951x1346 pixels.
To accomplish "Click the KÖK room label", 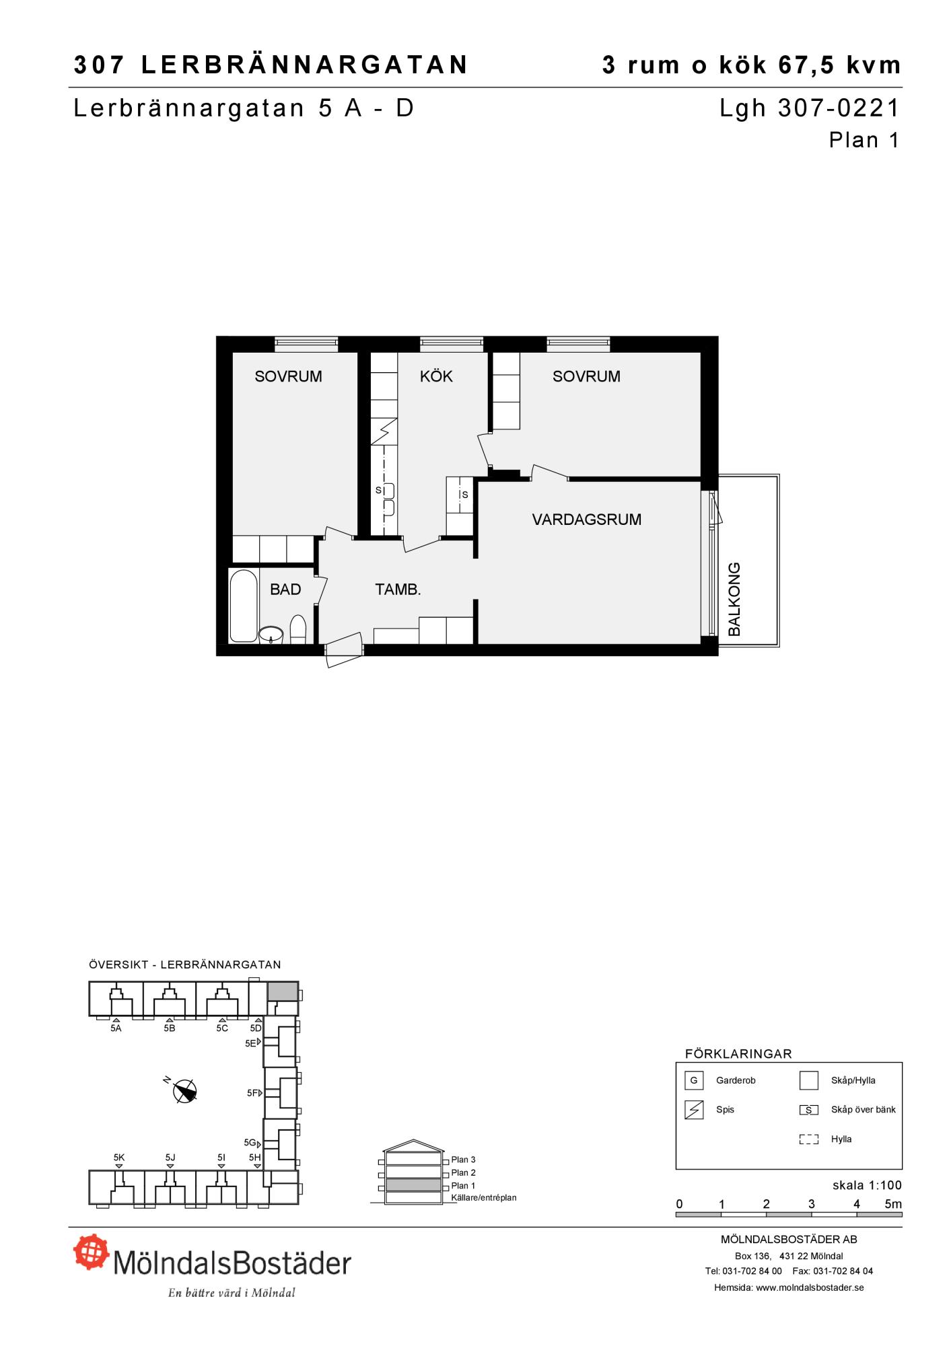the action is (436, 376).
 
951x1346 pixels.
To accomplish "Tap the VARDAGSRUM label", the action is (586, 520).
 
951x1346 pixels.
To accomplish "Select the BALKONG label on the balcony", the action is (734, 600).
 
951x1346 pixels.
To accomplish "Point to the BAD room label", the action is (285, 590).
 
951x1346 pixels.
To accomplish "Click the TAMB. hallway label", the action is (398, 590).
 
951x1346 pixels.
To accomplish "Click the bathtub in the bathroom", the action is (243, 606).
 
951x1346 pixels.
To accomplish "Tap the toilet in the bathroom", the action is (298, 629).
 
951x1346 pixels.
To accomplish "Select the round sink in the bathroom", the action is (271, 634).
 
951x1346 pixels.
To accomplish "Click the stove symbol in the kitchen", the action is (384, 431).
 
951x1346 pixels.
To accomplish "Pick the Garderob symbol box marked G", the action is (693, 1081).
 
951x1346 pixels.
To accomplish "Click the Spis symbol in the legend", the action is (693, 1110).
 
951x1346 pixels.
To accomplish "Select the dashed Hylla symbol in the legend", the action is (808, 1139).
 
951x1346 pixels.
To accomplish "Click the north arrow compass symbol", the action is (185, 1092).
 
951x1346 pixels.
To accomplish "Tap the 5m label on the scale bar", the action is (892, 1204).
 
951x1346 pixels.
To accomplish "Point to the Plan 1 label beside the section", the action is (463, 1186).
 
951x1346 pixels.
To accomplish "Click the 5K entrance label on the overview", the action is (119, 1158).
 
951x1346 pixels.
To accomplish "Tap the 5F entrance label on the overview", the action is (252, 1093).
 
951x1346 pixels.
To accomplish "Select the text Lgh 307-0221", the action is (810, 108).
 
